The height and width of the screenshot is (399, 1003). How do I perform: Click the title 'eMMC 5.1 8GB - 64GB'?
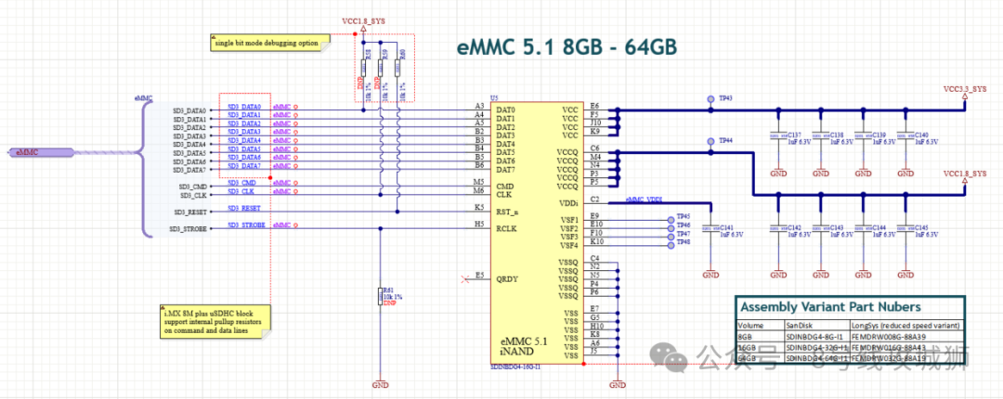click(567, 48)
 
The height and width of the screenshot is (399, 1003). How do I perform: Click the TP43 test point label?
click(725, 97)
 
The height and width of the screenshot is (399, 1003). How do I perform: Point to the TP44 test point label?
click(725, 139)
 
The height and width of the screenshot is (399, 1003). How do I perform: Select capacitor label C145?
click(921, 227)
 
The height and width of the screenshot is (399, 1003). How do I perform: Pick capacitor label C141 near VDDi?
click(728, 227)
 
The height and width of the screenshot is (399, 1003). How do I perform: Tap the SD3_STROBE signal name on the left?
click(188, 229)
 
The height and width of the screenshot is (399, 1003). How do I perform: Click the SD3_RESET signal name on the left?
click(189, 212)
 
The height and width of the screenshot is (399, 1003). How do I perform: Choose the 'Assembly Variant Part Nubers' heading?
click(828, 307)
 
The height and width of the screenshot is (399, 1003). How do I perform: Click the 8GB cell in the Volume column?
click(747, 336)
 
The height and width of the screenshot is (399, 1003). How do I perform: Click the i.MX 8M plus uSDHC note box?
click(213, 321)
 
